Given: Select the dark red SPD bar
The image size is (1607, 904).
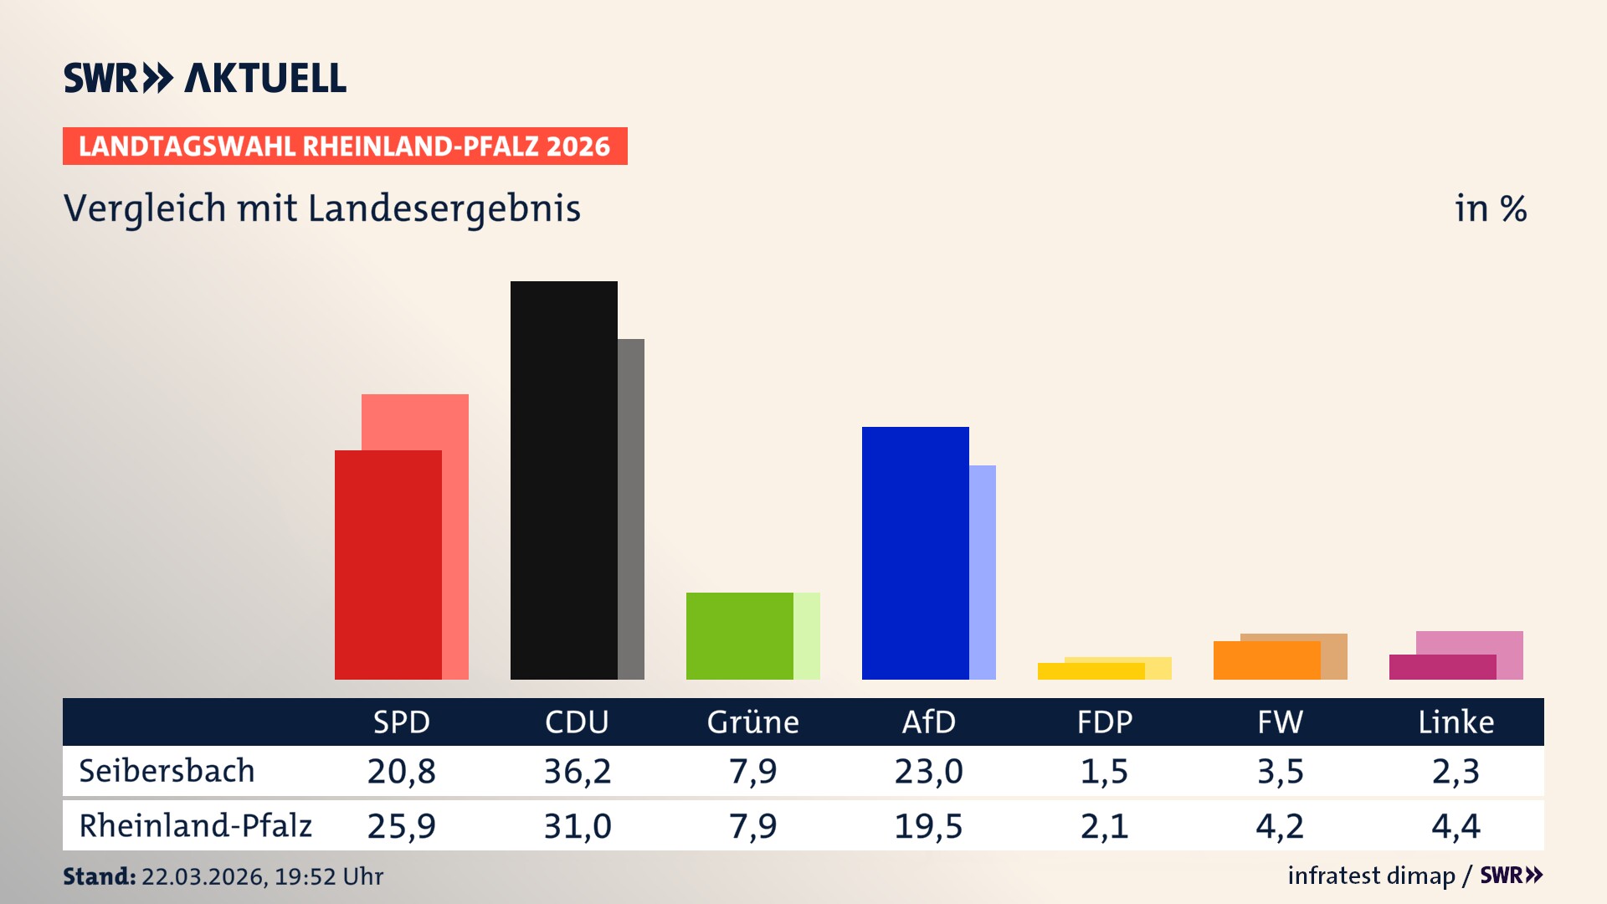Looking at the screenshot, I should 388,564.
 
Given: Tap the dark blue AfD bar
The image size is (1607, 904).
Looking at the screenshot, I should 915,552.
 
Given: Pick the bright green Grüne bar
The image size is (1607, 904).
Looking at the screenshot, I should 739,635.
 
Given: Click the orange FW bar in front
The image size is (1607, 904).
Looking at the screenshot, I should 1266,660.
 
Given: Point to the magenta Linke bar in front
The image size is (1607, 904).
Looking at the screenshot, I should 1442,667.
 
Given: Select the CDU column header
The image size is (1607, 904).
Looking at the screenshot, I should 577,722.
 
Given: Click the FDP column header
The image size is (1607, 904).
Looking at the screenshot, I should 1104,722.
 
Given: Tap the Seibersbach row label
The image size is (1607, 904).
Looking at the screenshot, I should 167,771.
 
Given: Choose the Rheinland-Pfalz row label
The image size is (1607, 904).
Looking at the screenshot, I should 195,826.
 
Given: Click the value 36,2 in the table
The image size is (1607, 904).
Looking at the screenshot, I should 577,771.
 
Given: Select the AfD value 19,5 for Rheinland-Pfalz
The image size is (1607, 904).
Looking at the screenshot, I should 928,826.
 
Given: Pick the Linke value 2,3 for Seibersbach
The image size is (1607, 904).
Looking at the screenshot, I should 1456,771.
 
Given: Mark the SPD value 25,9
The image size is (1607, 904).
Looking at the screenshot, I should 401,826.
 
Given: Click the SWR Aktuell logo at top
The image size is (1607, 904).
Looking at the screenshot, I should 205,78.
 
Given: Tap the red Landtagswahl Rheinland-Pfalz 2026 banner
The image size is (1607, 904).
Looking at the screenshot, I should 345,146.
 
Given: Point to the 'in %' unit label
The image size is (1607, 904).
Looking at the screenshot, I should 1490,208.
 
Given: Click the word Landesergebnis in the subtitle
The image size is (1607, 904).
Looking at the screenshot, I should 444,208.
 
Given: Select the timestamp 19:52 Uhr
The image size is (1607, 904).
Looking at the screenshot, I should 329,876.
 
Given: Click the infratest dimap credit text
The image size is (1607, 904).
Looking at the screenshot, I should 1371,876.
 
